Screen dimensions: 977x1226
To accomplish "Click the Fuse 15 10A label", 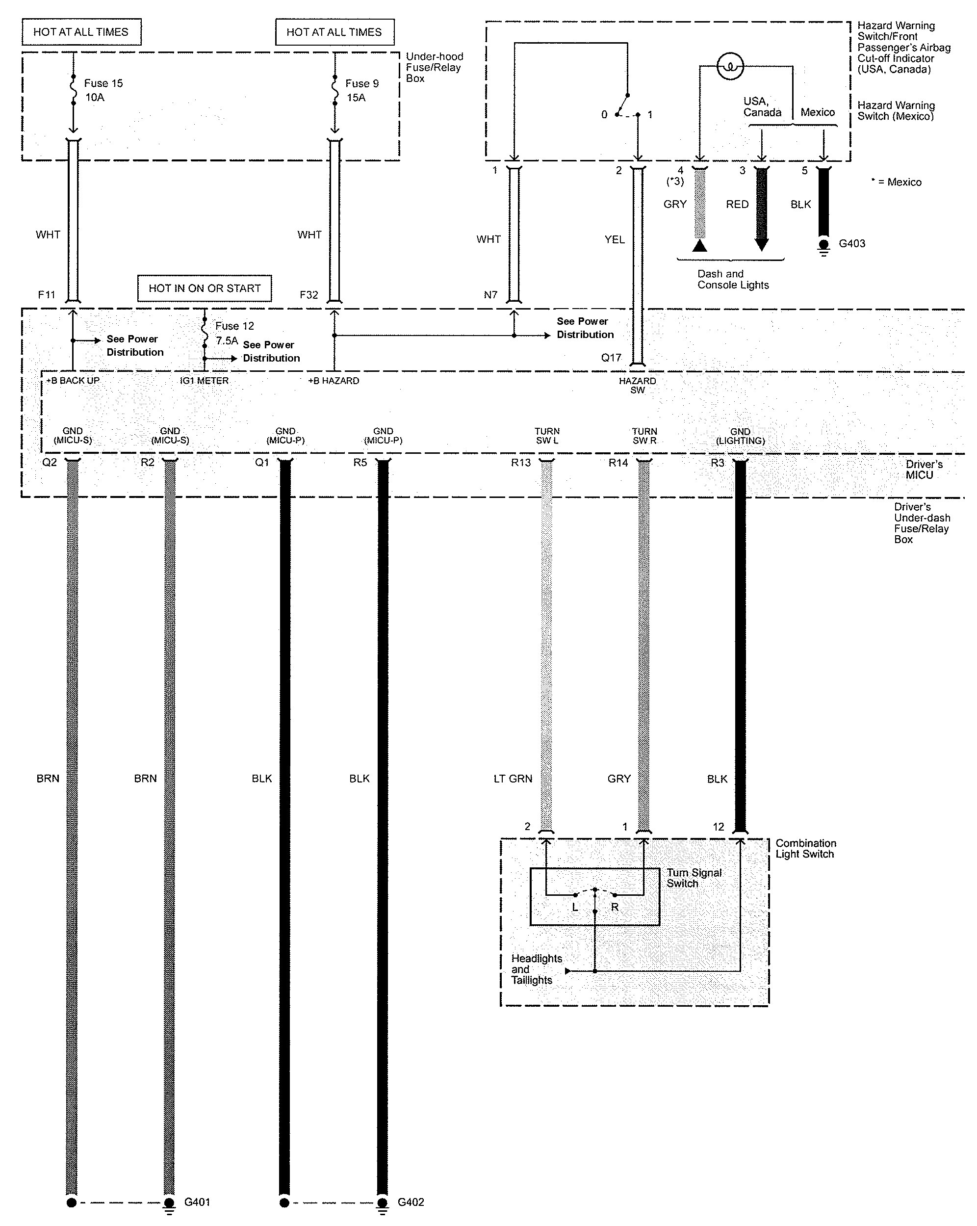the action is [x=103, y=90].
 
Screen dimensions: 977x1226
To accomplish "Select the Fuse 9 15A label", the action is [x=362, y=90].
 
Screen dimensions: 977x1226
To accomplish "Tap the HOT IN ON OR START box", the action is [x=205, y=288].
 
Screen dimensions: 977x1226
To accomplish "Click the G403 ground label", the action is [x=852, y=243].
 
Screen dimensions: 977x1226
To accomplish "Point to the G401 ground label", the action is [x=197, y=1201].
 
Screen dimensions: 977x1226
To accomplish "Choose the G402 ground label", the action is [x=411, y=1201].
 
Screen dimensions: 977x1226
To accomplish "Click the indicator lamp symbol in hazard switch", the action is [x=730, y=67].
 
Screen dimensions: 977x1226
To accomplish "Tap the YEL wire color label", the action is [x=615, y=239].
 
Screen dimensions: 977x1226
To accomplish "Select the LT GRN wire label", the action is [x=513, y=779].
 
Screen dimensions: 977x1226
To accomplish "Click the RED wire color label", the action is [x=737, y=204].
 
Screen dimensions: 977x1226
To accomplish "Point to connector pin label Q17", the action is [x=612, y=357].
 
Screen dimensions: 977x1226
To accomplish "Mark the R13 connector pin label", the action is [x=520, y=462].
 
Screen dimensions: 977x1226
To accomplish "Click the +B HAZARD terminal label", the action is [x=334, y=380].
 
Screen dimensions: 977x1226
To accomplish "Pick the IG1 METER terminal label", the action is [x=204, y=380].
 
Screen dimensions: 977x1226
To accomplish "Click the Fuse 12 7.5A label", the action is [x=234, y=333].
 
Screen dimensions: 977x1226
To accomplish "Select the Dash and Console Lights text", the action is [x=733, y=279].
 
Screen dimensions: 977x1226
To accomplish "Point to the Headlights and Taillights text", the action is [x=537, y=969].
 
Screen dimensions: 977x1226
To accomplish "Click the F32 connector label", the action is [x=309, y=294].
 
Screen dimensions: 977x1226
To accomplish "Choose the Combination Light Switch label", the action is [x=806, y=848].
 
